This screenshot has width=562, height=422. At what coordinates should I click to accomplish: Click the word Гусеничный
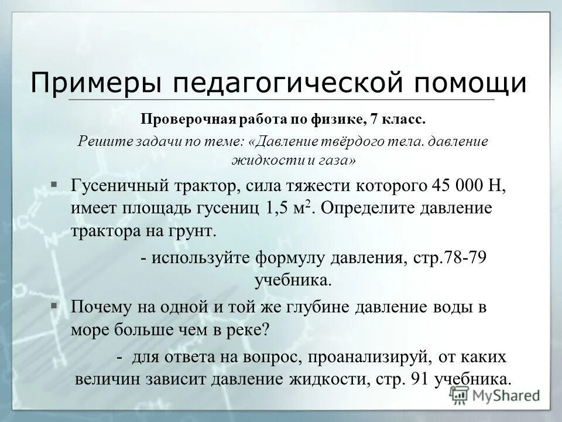(122, 186)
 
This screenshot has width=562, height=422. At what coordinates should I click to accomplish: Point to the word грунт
(195, 230)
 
